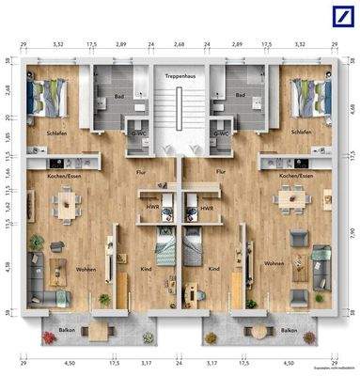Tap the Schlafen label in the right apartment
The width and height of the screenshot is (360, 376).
click(301, 133)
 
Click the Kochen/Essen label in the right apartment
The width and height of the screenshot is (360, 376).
click(294, 176)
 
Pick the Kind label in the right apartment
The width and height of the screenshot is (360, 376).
click(214, 269)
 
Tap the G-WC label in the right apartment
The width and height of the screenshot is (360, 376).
click(221, 133)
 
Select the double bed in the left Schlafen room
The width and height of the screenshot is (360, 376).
click(45, 96)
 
